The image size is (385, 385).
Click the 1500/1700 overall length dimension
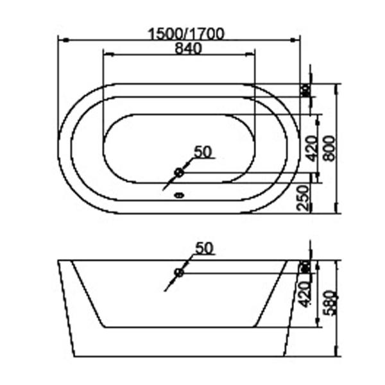(186, 34)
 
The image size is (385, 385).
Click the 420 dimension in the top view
(311, 148)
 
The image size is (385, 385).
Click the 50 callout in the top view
(203, 152)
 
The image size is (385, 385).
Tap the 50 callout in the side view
(203, 248)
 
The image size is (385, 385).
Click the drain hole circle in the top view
(180, 172)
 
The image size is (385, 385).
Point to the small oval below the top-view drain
(180, 196)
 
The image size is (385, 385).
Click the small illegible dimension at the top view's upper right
(306, 90)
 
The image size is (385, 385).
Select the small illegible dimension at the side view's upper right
(306, 266)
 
